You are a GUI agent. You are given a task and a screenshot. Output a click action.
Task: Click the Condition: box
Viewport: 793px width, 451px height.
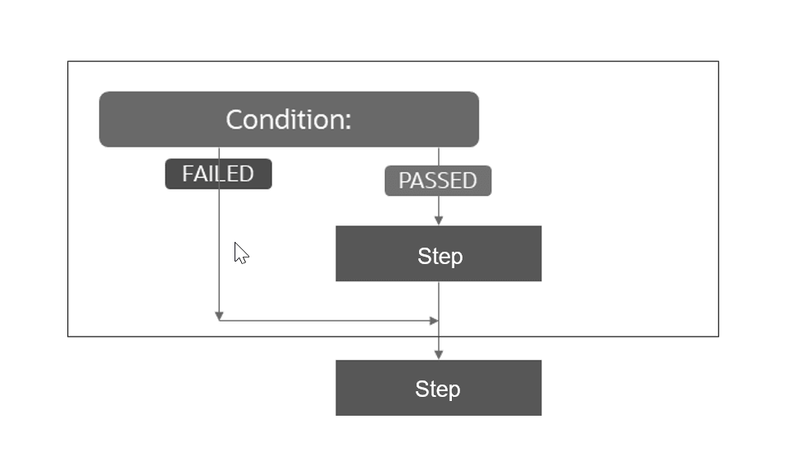(289, 120)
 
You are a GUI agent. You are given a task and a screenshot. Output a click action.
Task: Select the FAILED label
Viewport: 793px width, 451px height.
(218, 174)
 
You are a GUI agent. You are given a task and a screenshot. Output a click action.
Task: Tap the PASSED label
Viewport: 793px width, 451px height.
(438, 180)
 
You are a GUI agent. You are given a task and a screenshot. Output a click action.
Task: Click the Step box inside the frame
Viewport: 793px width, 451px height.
(439, 254)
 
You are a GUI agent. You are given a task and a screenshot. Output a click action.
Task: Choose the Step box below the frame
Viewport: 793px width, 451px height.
(439, 388)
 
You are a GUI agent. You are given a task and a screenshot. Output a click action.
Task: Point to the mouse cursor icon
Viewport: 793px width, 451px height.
(240, 253)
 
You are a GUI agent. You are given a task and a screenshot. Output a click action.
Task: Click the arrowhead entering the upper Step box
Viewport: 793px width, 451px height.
(439, 221)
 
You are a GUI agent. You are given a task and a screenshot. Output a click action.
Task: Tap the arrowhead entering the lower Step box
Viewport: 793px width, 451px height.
(439, 354)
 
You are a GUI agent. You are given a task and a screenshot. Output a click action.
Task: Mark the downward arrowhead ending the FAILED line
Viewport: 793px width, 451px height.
(219, 316)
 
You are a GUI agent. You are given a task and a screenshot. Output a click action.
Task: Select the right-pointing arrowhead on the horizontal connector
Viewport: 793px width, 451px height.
(434, 321)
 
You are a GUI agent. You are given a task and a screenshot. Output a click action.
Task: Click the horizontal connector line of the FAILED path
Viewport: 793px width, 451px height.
(328, 321)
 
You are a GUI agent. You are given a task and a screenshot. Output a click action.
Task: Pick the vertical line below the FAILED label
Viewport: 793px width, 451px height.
(219, 246)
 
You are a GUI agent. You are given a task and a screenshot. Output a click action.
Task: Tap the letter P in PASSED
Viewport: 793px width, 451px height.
(404, 180)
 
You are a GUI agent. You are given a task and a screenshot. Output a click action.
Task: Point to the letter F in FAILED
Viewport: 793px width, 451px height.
(188, 174)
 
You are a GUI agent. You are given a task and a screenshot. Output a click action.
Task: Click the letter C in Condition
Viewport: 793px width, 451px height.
(235, 120)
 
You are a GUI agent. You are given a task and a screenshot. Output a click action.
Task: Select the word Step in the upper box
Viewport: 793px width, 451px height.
(440, 256)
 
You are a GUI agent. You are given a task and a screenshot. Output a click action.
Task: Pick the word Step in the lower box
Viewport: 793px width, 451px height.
(437, 389)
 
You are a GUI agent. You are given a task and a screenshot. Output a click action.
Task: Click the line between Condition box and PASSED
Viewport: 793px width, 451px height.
(439, 156)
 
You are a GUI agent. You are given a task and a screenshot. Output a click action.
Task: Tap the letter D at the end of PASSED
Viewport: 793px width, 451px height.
(470, 180)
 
